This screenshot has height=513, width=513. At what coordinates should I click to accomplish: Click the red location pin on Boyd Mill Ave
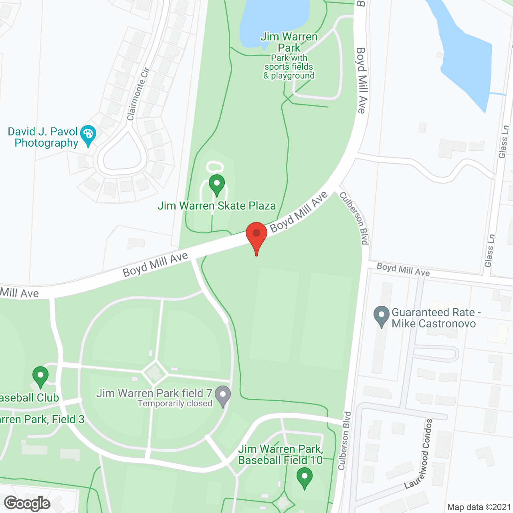pos(256,235)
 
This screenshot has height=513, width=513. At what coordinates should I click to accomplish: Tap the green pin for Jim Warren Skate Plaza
pos(217,185)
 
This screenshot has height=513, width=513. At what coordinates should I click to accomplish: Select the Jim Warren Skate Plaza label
pos(216,206)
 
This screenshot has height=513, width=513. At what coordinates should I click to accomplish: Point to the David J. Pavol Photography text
pos(43,137)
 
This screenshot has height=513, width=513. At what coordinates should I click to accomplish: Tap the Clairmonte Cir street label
pos(138,94)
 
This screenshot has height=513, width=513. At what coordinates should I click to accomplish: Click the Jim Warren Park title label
pos(289,42)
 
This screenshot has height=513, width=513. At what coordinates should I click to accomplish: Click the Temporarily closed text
pos(175,404)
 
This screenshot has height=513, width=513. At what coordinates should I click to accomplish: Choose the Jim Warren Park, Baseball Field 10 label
pos(281,454)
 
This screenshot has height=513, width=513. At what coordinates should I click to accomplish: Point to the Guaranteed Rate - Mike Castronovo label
pos(434,318)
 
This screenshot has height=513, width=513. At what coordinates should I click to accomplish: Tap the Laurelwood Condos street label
pos(421,453)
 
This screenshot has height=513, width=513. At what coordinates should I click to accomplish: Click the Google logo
pos(27,503)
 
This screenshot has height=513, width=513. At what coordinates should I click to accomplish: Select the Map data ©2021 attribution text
pos(479,507)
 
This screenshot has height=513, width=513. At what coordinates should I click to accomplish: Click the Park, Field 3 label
pos(42,420)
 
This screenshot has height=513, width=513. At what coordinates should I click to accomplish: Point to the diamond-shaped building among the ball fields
pos(154,373)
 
